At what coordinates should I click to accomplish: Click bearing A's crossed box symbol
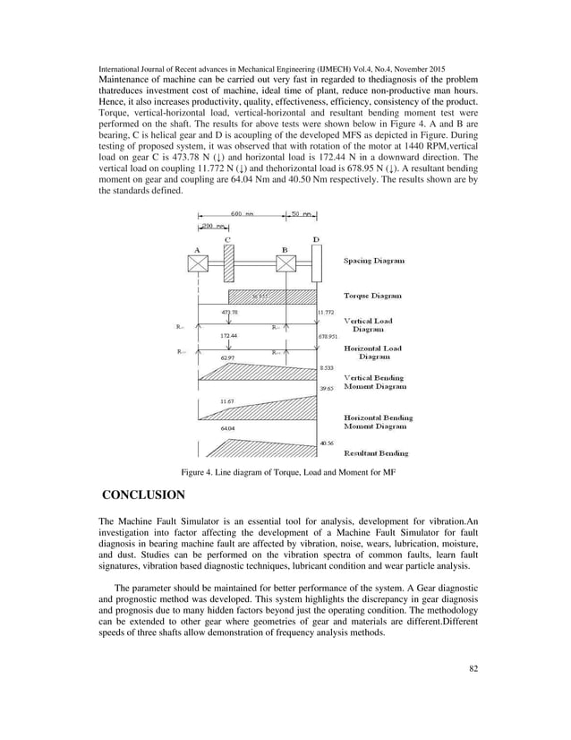click(x=197, y=263)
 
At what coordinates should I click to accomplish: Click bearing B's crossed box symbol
click(x=285, y=263)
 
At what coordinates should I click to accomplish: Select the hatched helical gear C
click(x=228, y=263)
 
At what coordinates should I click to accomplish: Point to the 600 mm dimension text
click(x=243, y=214)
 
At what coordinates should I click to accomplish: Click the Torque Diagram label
click(x=373, y=295)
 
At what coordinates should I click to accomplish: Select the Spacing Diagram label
click(x=374, y=261)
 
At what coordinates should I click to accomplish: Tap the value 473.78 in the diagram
click(x=229, y=312)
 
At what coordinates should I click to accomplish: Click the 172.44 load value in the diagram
click(x=230, y=335)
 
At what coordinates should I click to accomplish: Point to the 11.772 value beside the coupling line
click(x=327, y=313)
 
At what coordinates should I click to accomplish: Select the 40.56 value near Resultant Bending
click(x=327, y=443)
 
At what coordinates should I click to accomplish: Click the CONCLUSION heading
click(x=143, y=495)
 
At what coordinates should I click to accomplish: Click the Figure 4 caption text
click(x=285, y=471)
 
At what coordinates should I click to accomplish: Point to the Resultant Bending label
click(x=376, y=453)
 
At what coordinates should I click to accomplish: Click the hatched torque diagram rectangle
click(x=272, y=297)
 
